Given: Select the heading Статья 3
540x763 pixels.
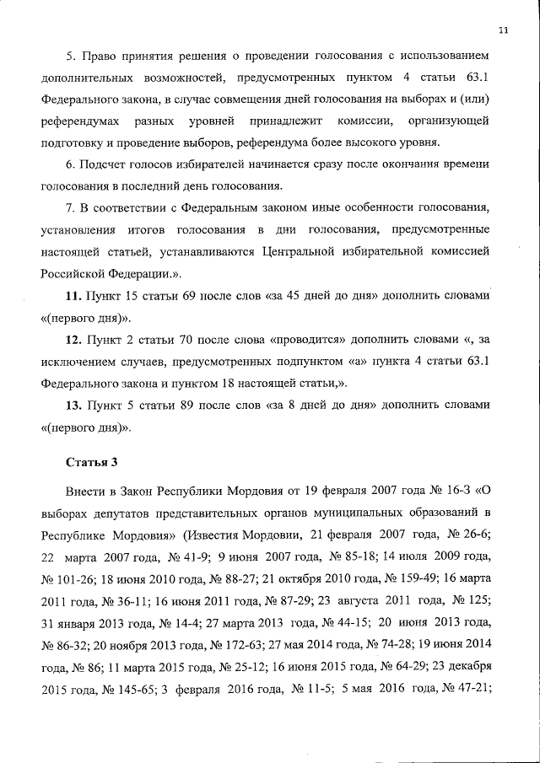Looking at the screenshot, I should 91,461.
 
